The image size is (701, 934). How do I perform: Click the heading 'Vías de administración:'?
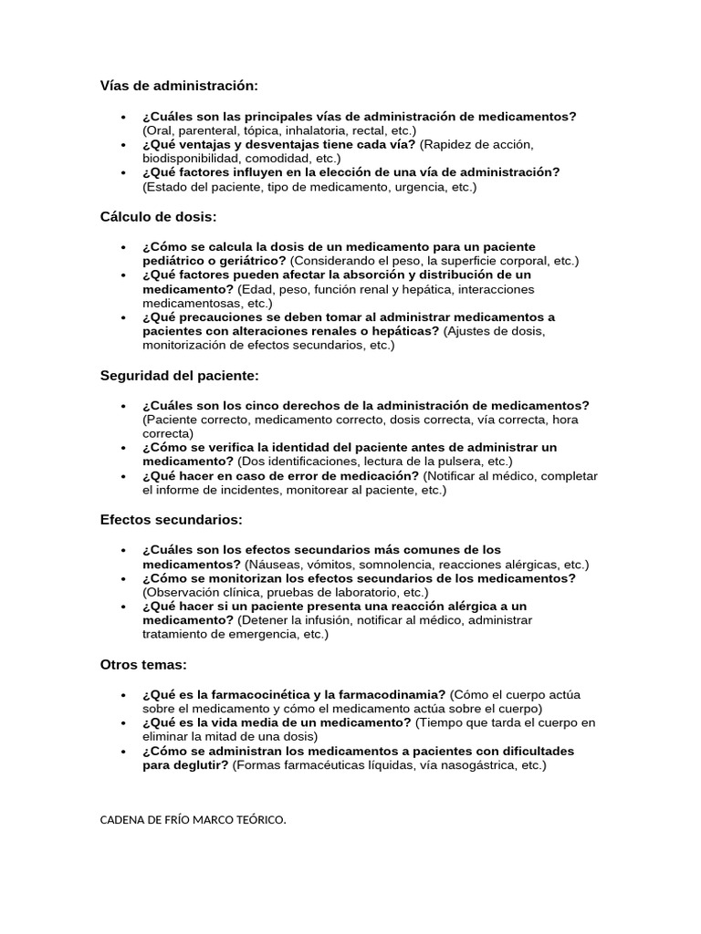tap(179, 86)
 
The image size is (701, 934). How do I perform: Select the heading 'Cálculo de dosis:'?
tap(158, 217)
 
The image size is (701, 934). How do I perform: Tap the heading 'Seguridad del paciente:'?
tap(180, 376)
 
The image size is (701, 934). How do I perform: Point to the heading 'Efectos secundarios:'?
tap(171, 520)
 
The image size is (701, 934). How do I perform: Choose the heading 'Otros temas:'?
tap(143, 665)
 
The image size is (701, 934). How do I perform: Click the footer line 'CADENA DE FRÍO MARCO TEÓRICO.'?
tap(193, 820)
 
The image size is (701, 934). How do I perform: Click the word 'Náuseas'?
tap(270, 565)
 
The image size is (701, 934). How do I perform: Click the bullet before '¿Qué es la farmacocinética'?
tap(122, 695)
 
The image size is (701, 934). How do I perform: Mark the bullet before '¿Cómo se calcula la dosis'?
tap(122, 247)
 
